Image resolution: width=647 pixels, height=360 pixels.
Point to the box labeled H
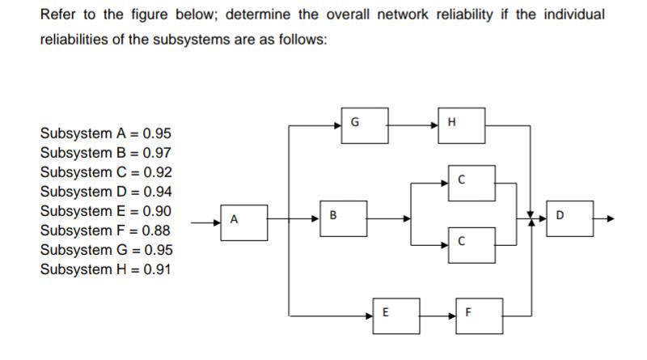[461, 125]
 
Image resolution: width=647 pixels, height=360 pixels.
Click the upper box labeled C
[472, 183]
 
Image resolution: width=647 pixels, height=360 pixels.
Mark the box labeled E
[396, 314]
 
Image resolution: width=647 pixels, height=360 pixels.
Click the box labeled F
[479, 314]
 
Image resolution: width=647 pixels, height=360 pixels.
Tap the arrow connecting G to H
[412, 125]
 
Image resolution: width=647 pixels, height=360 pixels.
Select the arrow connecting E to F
[438, 315]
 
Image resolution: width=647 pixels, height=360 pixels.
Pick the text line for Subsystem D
[105, 192]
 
